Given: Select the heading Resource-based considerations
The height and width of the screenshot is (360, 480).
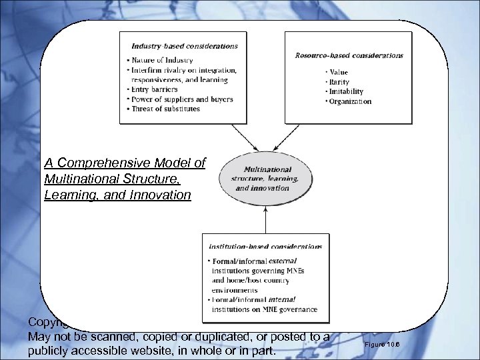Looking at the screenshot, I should pyautogui.click(x=349, y=55).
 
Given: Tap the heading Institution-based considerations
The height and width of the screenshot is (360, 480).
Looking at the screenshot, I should pyautogui.click(x=265, y=246).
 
